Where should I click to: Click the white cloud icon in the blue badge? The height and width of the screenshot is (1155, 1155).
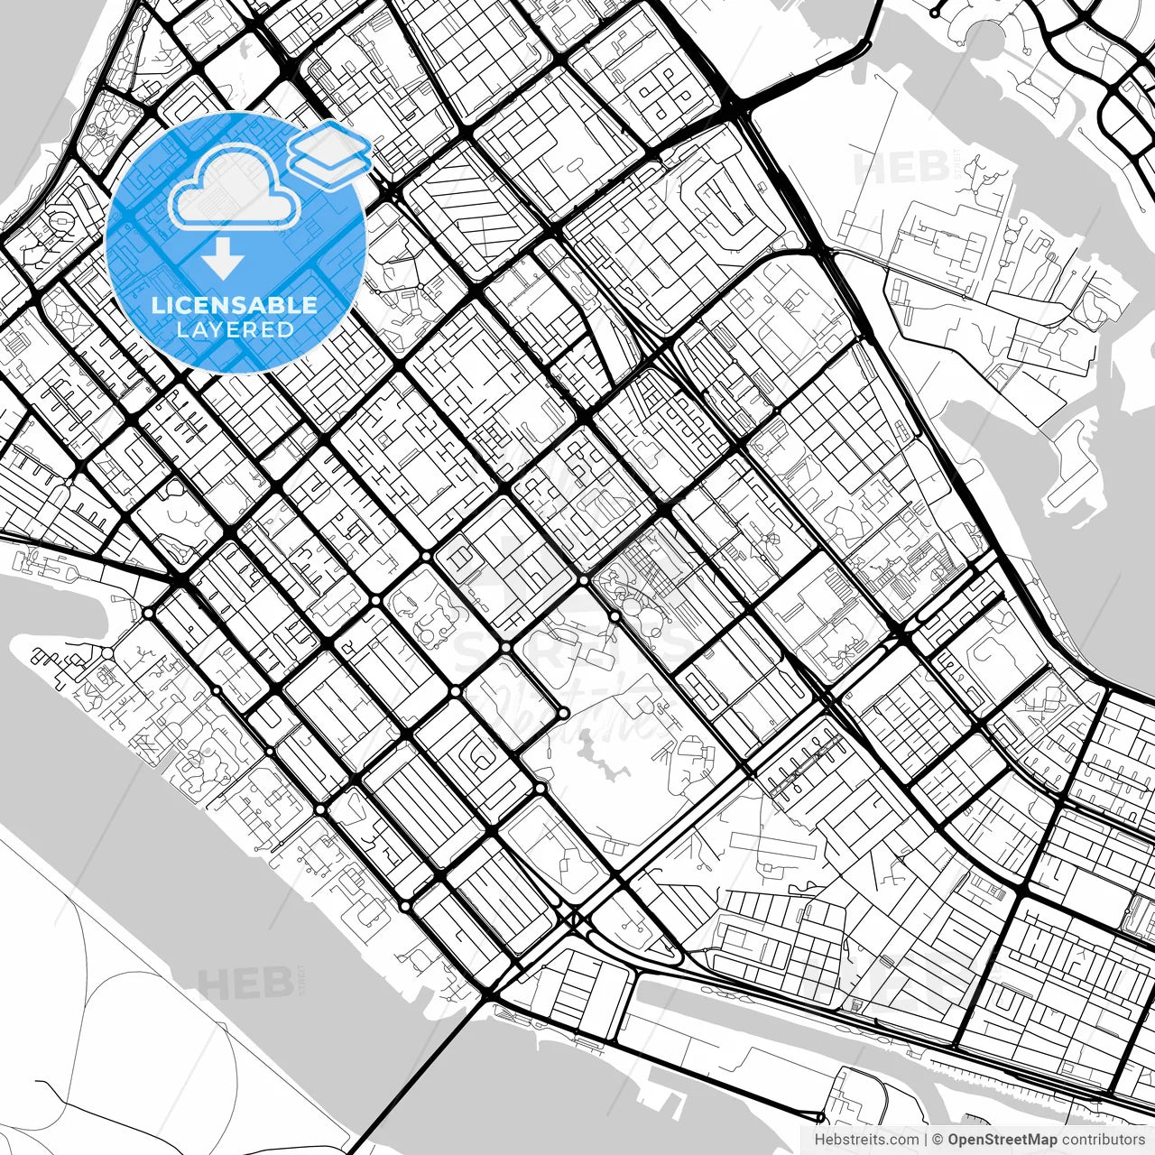234,186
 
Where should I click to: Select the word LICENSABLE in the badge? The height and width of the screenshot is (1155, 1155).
235,305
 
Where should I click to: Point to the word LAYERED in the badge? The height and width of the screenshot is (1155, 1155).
235,329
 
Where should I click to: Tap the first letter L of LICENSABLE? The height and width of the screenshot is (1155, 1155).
157,305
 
